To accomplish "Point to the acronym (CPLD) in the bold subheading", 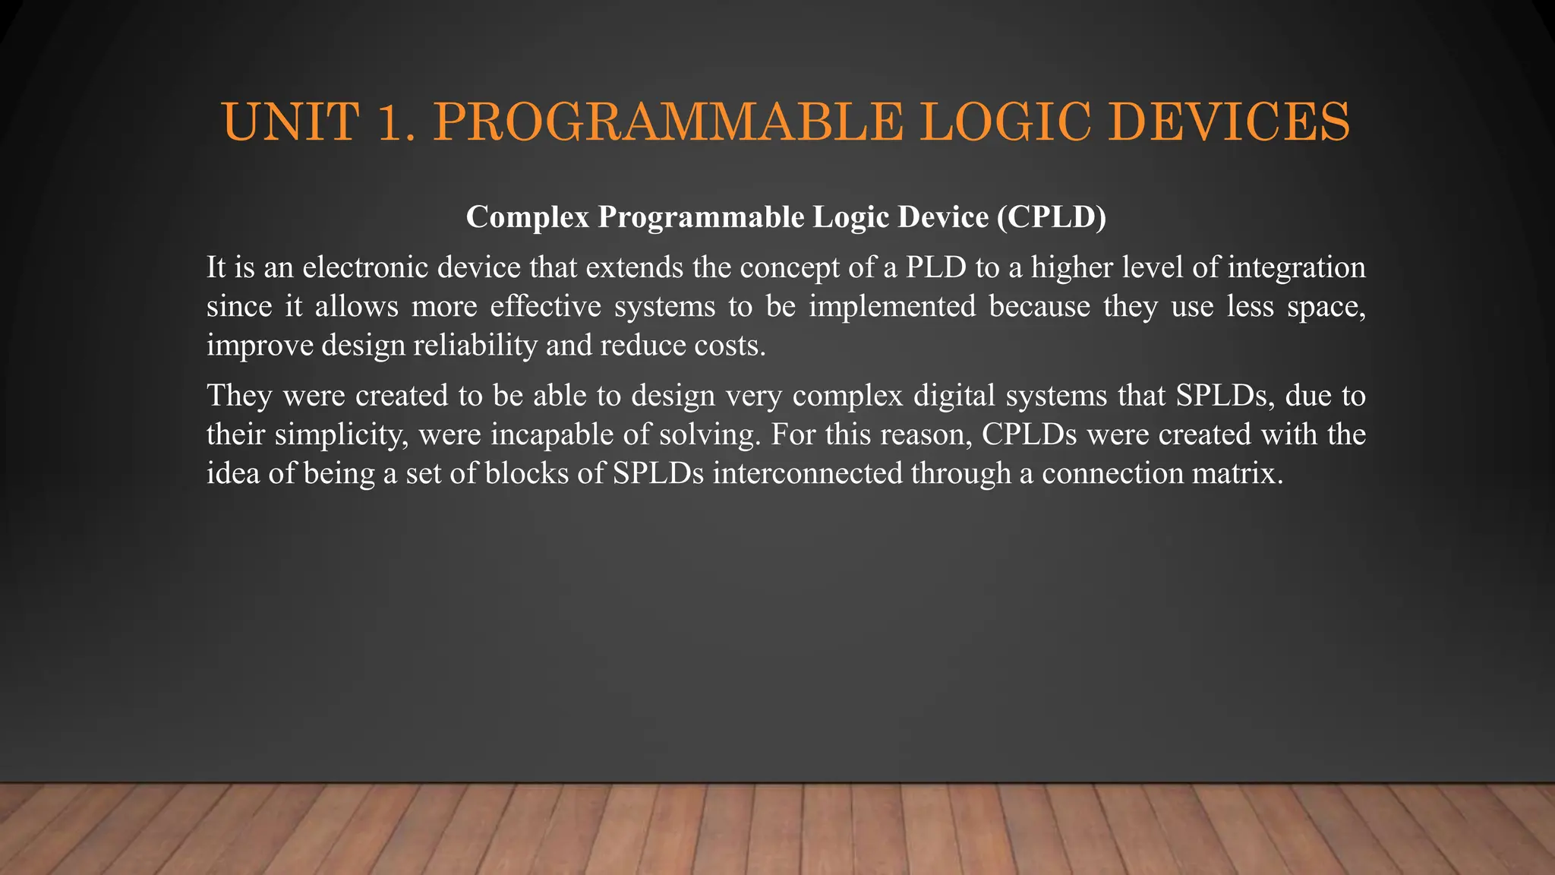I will [1052, 217].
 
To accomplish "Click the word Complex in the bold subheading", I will [528, 217].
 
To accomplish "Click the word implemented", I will [892, 306].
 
